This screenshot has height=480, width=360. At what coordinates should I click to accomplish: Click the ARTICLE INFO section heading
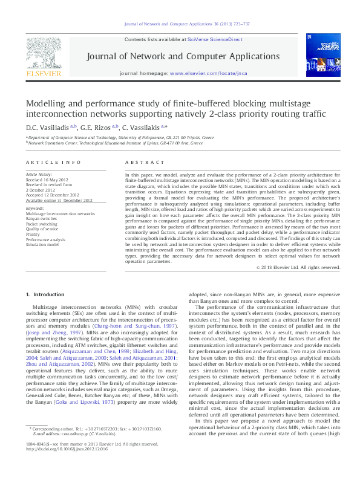(53, 163)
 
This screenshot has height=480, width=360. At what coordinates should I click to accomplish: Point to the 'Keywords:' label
(35, 209)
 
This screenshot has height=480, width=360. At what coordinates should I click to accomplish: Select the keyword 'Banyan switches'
(43, 218)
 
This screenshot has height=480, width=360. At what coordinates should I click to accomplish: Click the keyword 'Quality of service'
(44, 228)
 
